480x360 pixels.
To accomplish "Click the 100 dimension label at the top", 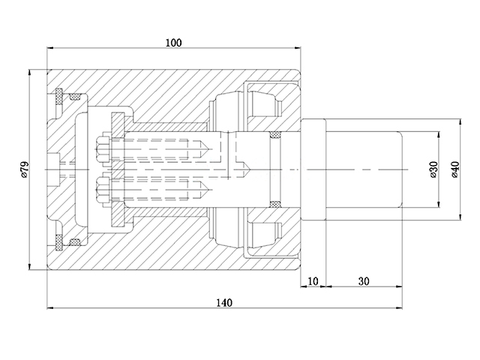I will [173, 43].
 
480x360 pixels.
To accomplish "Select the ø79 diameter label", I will [24, 170].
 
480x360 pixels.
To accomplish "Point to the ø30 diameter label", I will [433, 169].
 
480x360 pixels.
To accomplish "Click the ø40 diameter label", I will [454, 169].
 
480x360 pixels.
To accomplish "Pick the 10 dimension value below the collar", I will [313, 281].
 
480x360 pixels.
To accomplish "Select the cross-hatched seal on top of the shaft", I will [275, 136].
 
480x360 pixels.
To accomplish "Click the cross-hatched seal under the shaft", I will [275, 204].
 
